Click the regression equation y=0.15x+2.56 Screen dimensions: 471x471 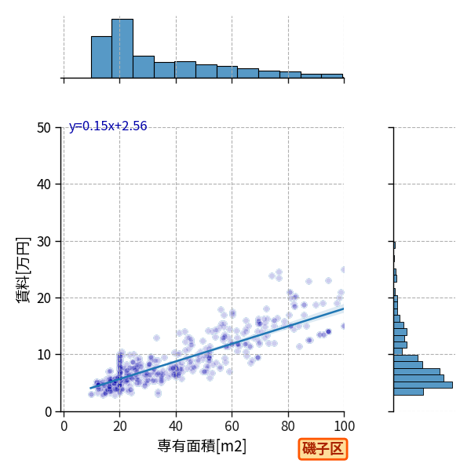click(x=108, y=126)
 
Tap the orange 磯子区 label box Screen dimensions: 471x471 click(x=323, y=449)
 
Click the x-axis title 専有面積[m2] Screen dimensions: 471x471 click(x=202, y=446)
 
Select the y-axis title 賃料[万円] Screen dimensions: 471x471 click(x=24, y=270)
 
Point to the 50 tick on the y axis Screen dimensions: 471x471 click(x=44, y=128)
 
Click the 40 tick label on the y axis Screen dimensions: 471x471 click(x=44, y=184)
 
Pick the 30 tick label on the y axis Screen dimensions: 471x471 click(x=44, y=241)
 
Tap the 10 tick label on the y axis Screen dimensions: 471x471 click(x=44, y=355)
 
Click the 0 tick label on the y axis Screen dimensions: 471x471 click(x=48, y=412)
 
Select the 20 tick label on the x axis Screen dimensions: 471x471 click(x=120, y=426)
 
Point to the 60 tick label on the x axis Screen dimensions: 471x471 click(x=232, y=426)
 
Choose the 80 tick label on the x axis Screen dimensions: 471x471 click(x=288, y=426)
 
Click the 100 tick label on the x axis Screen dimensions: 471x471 click(x=345, y=426)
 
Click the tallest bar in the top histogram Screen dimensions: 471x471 click(x=122, y=49)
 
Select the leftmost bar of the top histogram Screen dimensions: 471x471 click(x=101, y=57)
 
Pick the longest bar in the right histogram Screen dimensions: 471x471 click(x=423, y=385)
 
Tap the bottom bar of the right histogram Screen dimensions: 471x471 click(x=408, y=392)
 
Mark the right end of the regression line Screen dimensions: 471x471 click(x=344, y=309)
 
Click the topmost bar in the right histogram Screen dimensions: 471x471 click(x=394, y=245)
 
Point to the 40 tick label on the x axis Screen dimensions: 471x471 click(x=176, y=426)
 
